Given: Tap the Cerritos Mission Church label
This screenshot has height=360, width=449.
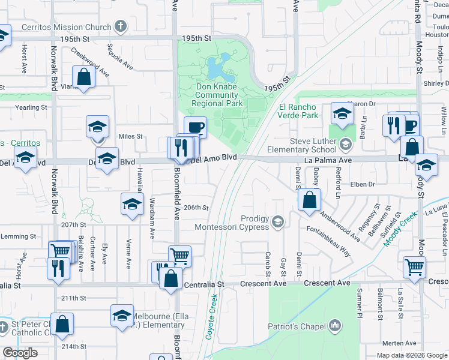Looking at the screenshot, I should (66, 27).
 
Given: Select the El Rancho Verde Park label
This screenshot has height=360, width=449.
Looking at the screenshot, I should (297, 111).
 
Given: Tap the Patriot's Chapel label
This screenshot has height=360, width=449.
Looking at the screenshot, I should (298, 326).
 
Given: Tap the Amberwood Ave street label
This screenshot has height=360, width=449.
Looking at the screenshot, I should (340, 225).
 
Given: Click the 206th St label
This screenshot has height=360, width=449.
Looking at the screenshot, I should (196, 208).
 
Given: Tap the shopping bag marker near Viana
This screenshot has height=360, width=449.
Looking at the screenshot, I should (83, 77).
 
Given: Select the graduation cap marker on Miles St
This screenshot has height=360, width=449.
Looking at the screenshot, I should (97, 127).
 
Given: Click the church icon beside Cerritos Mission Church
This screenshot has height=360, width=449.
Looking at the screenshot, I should (121, 27).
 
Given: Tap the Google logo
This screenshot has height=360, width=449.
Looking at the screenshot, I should (20, 353).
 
